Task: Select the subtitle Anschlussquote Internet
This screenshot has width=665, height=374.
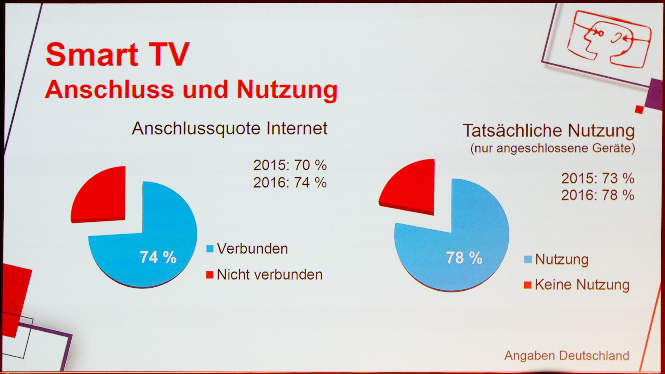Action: [x=230, y=129]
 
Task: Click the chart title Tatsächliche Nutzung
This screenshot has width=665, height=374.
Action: [x=549, y=131]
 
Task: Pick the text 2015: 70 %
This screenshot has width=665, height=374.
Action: [x=290, y=165]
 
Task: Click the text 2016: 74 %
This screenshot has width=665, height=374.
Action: [x=290, y=182]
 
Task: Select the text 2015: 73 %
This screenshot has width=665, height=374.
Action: [x=598, y=178]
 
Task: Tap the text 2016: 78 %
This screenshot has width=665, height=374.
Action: [x=598, y=195]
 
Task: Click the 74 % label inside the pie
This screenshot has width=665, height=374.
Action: [x=158, y=257]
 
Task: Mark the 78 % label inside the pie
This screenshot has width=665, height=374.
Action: [x=464, y=258]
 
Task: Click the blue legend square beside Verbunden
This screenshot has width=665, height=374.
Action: [x=210, y=249]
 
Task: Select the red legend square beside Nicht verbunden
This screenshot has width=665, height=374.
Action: [x=210, y=275]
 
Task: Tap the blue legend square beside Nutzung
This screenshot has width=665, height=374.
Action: [x=528, y=259]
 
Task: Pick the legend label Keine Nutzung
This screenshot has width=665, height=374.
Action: [x=582, y=285]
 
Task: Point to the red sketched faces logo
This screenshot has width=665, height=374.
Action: [x=609, y=39]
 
